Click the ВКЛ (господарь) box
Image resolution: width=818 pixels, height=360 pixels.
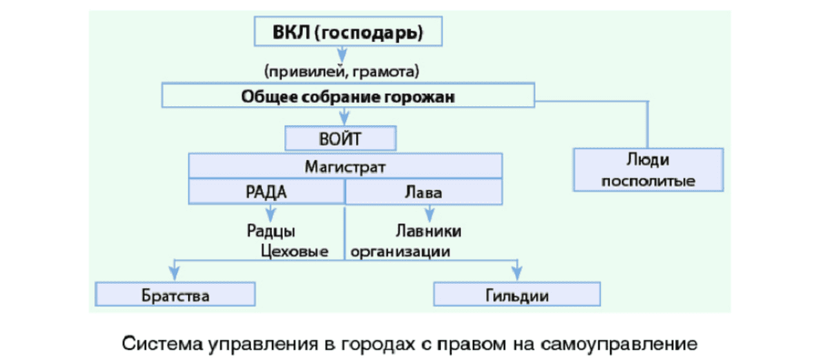pos(347,35)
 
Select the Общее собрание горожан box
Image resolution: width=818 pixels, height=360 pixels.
pos(347,95)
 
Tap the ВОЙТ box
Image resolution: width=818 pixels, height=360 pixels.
pos(341,139)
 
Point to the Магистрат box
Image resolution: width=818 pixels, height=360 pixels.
pos(345,166)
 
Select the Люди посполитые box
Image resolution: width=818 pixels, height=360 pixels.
pos(648,170)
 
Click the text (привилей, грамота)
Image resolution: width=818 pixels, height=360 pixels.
pos(341,71)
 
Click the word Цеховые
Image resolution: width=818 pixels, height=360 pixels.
pos(293,251)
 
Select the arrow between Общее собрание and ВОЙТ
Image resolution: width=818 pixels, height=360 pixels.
pos(344,116)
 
